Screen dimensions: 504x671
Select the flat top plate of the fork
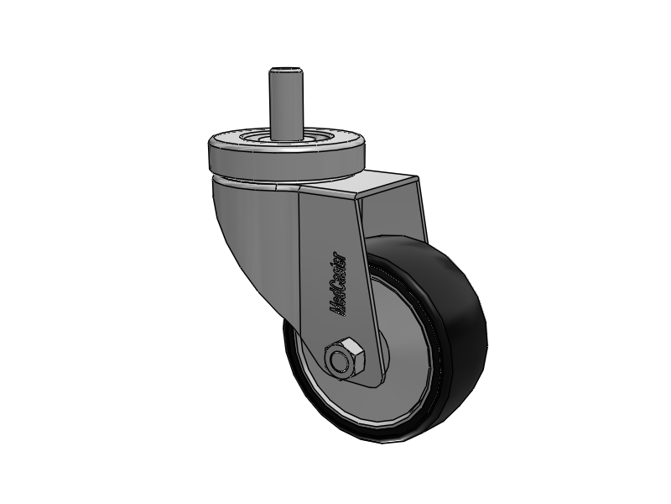click(382, 185)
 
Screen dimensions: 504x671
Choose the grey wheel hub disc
click(403, 336)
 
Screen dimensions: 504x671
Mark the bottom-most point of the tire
click(394, 441)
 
